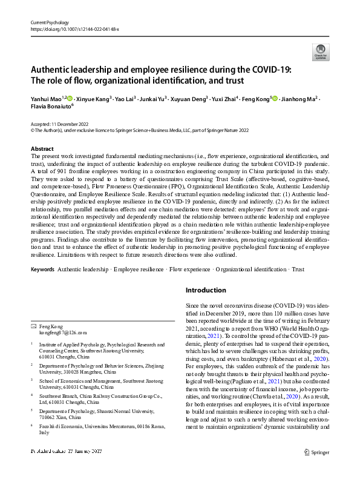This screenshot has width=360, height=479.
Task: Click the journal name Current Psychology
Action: coord(50,21)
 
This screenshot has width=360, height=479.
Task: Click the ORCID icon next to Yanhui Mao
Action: coord(70,98)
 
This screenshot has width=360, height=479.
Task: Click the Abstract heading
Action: coord(42,148)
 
